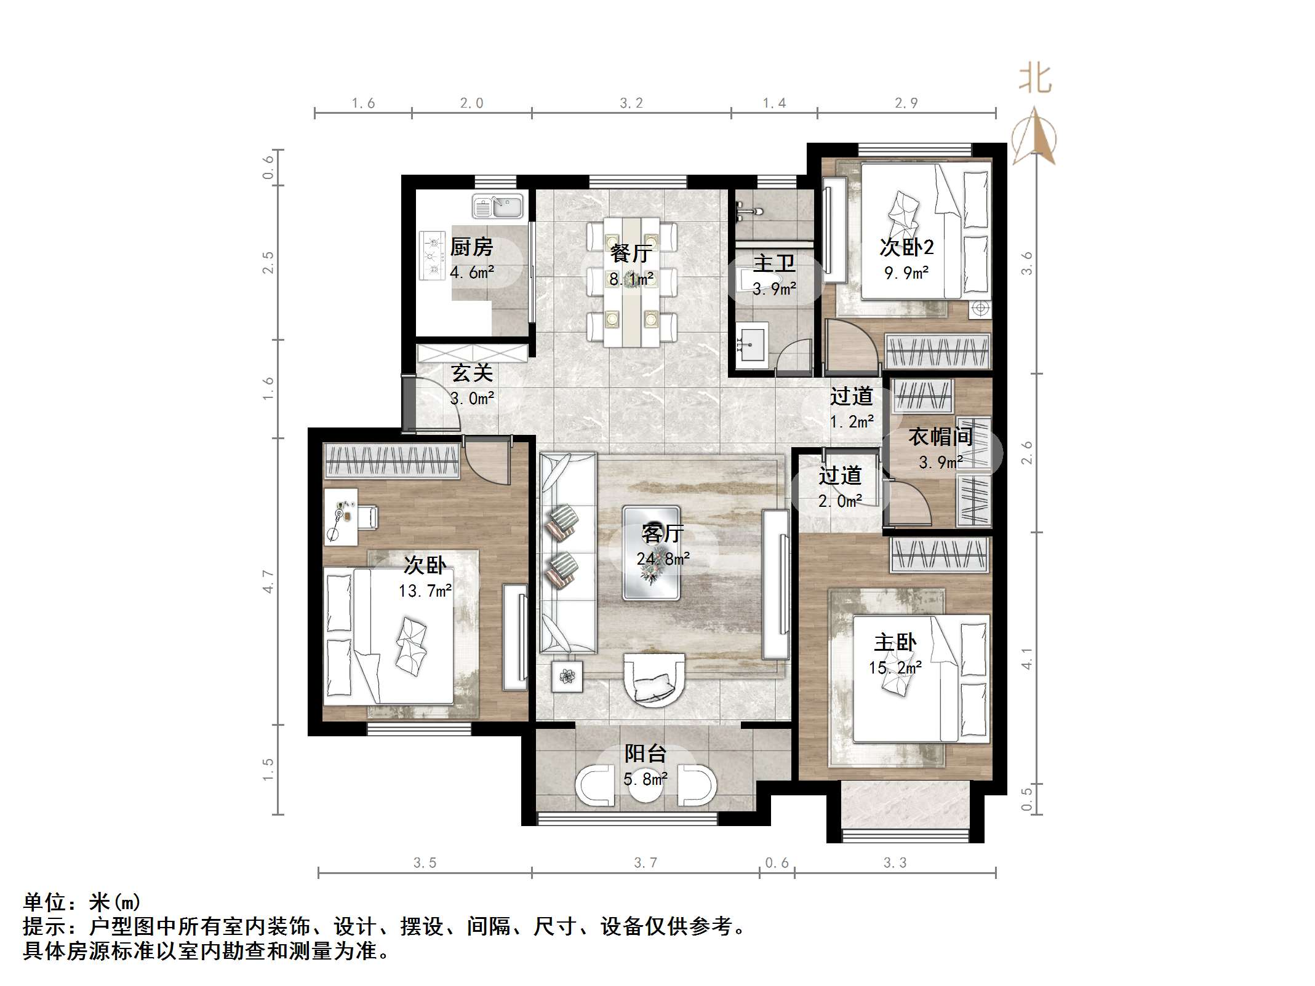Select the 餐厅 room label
click(631, 253)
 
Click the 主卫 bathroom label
click(774, 263)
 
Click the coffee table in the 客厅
click(651, 553)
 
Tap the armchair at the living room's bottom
click(654, 678)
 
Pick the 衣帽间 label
click(940, 436)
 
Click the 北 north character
click(1034, 79)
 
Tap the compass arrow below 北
click(1034, 135)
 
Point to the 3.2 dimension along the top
click(631, 103)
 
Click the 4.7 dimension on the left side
click(268, 581)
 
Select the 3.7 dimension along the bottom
click(646, 863)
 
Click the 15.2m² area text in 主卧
click(895, 667)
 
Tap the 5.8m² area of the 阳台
click(646, 779)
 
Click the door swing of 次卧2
click(851, 347)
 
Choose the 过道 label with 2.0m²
click(840, 475)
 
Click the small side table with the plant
click(567, 676)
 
